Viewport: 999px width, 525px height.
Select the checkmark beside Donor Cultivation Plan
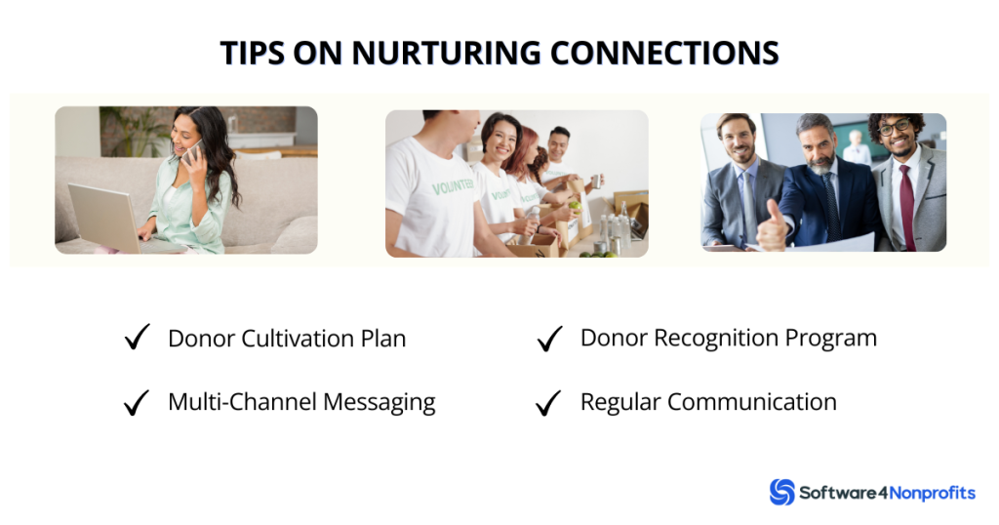(137, 339)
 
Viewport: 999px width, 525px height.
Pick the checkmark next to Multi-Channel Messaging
(137, 402)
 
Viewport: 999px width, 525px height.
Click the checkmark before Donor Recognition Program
(550, 339)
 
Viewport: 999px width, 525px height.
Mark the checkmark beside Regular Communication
(550, 402)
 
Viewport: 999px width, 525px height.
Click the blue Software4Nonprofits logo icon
(781, 492)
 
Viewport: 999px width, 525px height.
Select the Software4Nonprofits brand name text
(888, 493)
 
